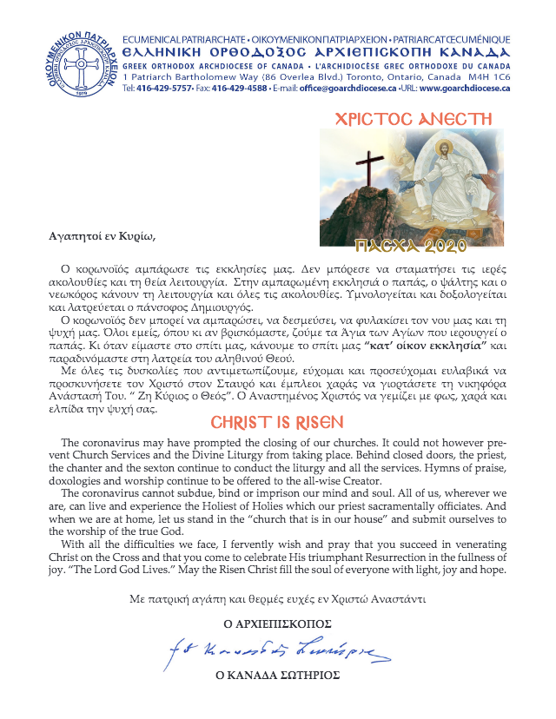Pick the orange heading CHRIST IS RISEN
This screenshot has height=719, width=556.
[277, 423]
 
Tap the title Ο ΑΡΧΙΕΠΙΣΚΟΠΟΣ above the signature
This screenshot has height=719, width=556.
[276, 623]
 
